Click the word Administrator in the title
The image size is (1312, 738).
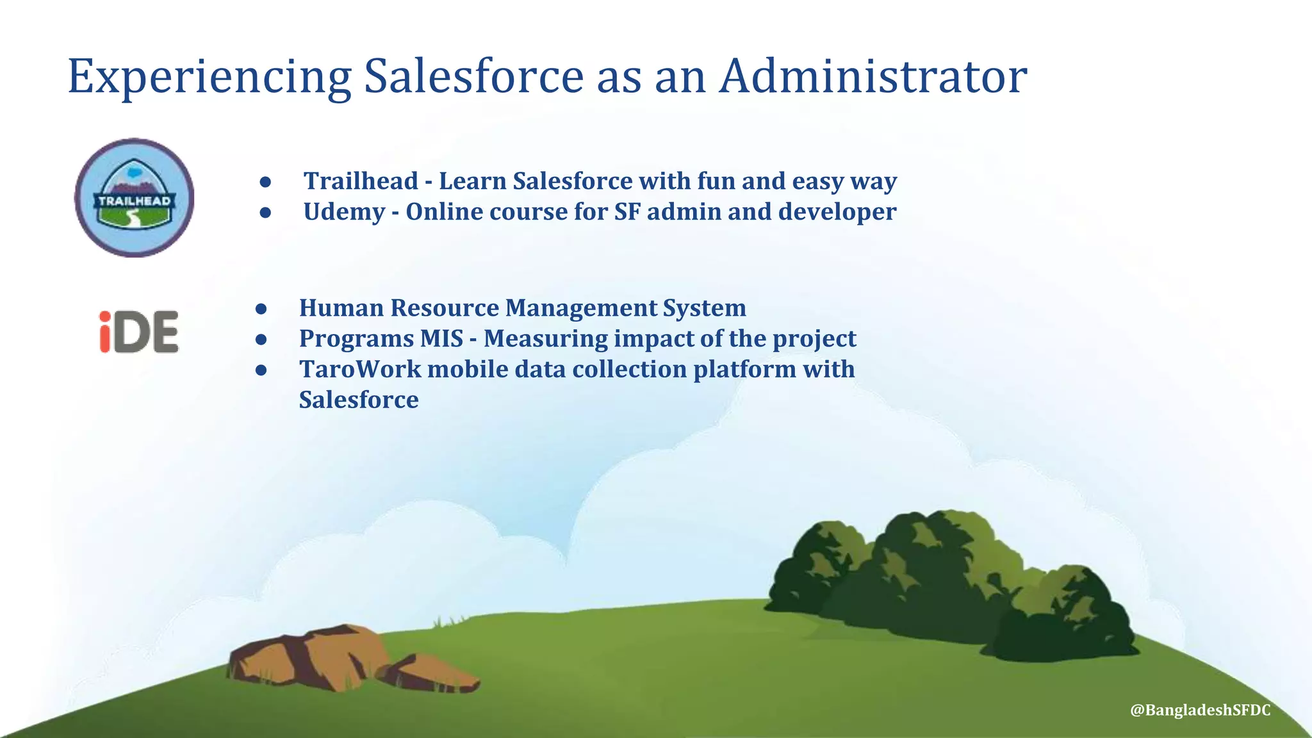pyautogui.click(x=873, y=77)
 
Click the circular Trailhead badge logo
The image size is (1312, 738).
pyautogui.click(x=135, y=198)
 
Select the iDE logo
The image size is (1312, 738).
pyautogui.click(x=139, y=332)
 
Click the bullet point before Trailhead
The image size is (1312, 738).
pyautogui.click(x=266, y=182)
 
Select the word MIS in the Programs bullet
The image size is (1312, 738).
pyautogui.click(x=441, y=339)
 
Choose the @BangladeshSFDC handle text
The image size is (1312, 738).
pyautogui.click(x=1200, y=710)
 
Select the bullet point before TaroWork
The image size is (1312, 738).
pyautogui.click(x=261, y=370)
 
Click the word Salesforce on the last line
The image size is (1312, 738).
pyautogui.click(x=359, y=400)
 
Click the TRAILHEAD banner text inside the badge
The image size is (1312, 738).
pyautogui.click(x=135, y=201)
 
